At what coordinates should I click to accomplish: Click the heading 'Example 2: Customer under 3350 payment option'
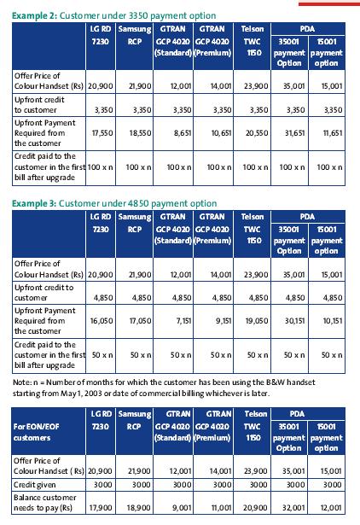point(113,15)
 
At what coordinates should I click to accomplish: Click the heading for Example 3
point(114,203)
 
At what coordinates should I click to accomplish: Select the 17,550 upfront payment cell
point(102,133)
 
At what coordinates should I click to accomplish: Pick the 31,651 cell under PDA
point(295,133)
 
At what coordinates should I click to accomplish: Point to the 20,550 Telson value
point(257,133)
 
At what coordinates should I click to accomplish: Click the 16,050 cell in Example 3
point(102,321)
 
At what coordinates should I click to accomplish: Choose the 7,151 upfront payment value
point(183,321)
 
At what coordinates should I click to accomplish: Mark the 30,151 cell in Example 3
point(295,321)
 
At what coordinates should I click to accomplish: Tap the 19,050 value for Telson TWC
point(257,321)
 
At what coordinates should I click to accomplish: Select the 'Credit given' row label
point(34,485)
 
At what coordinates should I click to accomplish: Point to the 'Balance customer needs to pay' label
point(45,503)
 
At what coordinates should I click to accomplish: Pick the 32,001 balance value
point(293,508)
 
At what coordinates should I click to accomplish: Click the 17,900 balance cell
point(101,508)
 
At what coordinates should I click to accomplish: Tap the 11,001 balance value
point(221,508)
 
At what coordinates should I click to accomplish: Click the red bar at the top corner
point(329,4)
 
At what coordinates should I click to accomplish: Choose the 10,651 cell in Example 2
point(221,133)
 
